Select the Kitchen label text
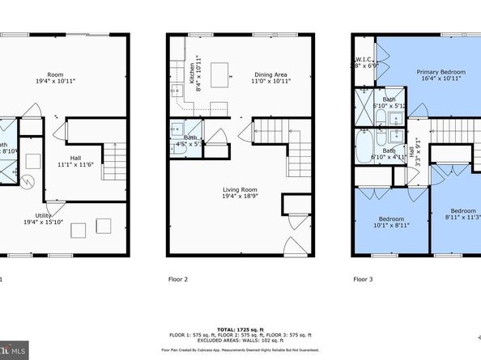coord(192,76)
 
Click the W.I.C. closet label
coord(362,63)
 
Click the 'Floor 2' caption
coord(177,279)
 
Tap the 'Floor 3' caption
coord(364,279)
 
